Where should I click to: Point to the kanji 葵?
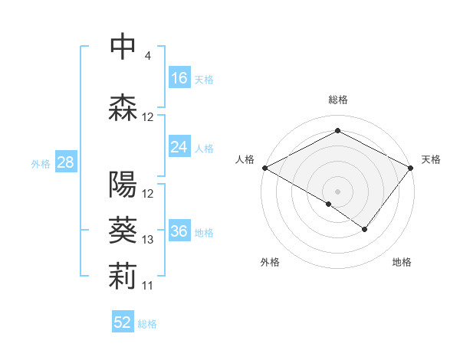pyautogui.click(x=123, y=231)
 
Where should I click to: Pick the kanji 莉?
pyautogui.click(x=123, y=277)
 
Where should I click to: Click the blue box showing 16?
pyautogui.click(x=179, y=78)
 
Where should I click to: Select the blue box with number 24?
pyautogui.click(x=179, y=147)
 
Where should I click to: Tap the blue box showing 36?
pyautogui.click(x=179, y=231)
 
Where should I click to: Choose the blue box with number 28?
pyautogui.click(x=65, y=162)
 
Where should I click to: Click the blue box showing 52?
pyautogui.click(x=123, y=322)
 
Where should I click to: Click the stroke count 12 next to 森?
pyautogui.click(x=148, y=117)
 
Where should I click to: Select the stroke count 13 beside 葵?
pyautogui.click(x=148, y=240)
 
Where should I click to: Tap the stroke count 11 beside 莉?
pyautogui.click(x=148, y=286)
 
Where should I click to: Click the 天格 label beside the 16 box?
pyautogui.click(x=204, y=79)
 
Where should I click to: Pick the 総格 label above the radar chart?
pyautogui.click(x=337, y=100)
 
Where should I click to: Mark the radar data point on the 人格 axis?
pyautogui.click(x=264, y=168)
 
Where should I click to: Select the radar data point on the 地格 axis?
pyautogui.click(x=365, y=229)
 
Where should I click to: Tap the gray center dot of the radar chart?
pyautogui.click(x=337, y=191)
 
